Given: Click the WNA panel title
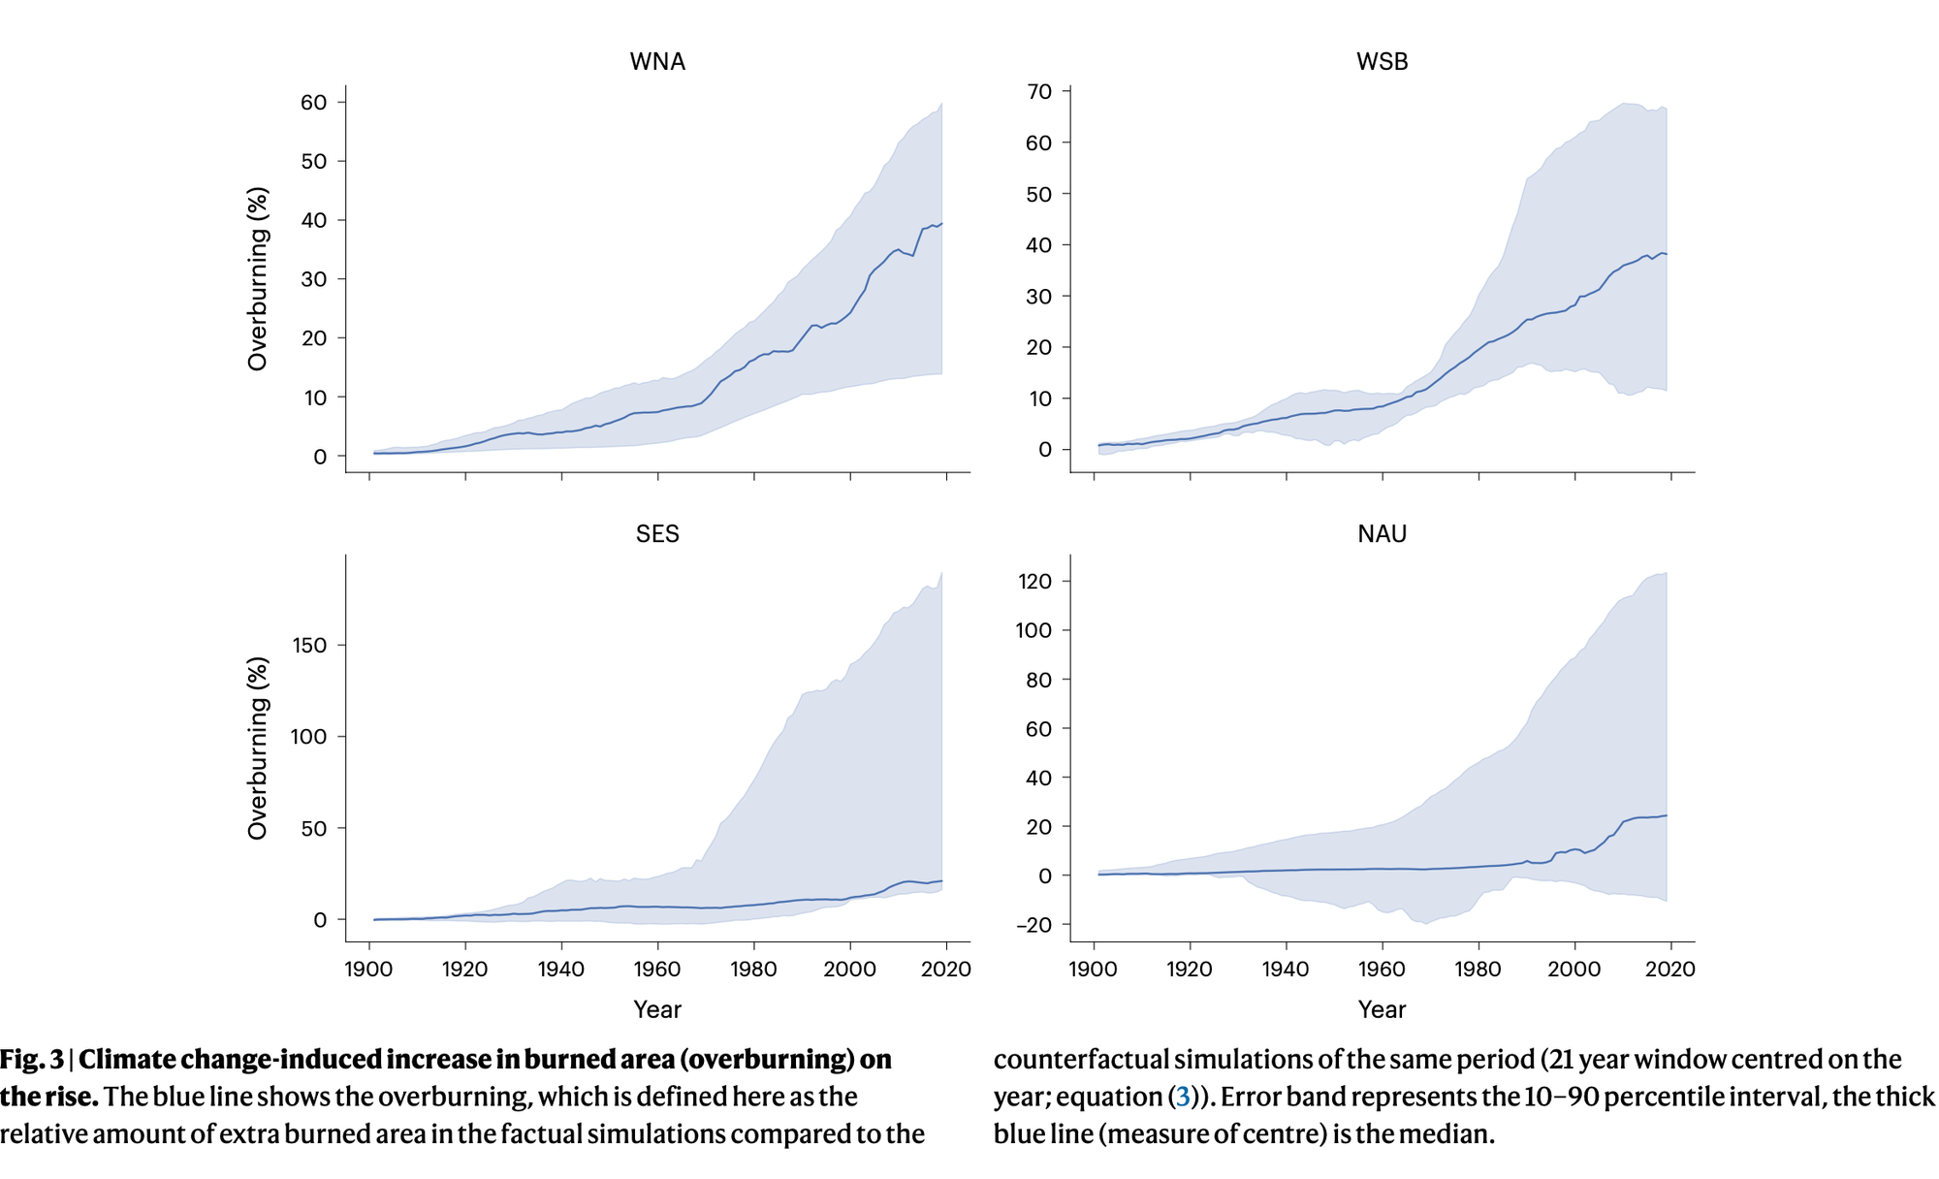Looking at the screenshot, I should [657, 62].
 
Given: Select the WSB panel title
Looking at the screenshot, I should [1382, 62].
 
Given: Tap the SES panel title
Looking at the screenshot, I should [657, 534].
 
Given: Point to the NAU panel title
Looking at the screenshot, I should [1382, 534].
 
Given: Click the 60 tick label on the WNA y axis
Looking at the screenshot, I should [313, 103].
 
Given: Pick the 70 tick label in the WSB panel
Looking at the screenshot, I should [1039, 92].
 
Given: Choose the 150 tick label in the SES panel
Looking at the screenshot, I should [308, 646].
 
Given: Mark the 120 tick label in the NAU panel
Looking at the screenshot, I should [1034, 582].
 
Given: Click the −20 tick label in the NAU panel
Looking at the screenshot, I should [1033, 925].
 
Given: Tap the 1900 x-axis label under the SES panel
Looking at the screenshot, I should [369, 970].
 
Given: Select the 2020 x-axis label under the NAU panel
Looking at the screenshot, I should [1669, 970].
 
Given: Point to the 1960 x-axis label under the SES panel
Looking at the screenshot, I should [657, 970].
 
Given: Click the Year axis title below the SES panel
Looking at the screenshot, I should [657, 1010].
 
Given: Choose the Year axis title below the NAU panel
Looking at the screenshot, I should [1382, 1010].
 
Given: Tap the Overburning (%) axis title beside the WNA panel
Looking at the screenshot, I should [257, 279].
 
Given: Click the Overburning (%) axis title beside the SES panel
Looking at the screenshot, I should [257, 749].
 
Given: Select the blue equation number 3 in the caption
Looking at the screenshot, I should [1183, 1098].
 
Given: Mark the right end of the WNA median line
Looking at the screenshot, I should [941, 224].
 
